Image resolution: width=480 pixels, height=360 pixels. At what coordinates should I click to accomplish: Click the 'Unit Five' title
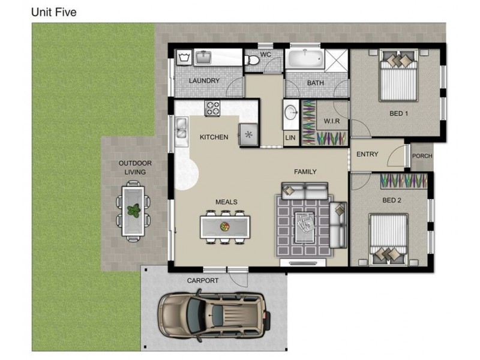(54, 12)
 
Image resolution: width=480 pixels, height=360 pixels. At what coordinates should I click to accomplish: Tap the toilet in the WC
(251, 60)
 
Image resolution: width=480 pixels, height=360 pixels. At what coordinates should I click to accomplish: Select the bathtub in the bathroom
(305, 59)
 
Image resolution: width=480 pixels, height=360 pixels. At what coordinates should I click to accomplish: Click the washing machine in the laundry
(184, 57)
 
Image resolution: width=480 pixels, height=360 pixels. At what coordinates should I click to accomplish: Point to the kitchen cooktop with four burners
(212, 109)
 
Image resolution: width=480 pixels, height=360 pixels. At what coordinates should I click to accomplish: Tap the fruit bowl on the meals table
(224, 227)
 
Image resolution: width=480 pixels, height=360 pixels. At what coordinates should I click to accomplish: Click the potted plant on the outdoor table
(134, 211)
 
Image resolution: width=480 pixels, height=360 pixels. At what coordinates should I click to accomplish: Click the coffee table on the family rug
(305, 227)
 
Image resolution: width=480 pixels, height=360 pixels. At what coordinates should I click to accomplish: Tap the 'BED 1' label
(398, 113)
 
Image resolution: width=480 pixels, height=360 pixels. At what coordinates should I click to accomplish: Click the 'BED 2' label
(392, 200)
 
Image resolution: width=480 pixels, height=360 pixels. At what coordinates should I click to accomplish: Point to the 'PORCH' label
(422, 156)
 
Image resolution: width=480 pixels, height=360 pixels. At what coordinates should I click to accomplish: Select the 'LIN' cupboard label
(290, 138)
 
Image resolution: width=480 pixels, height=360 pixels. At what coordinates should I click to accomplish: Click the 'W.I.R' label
(332, 121)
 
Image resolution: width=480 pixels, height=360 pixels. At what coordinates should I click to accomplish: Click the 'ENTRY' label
(367, 154)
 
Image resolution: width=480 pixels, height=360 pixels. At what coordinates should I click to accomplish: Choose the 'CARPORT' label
(203, 280)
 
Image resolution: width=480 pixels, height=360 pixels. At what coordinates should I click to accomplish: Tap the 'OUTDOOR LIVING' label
(135, 167)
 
